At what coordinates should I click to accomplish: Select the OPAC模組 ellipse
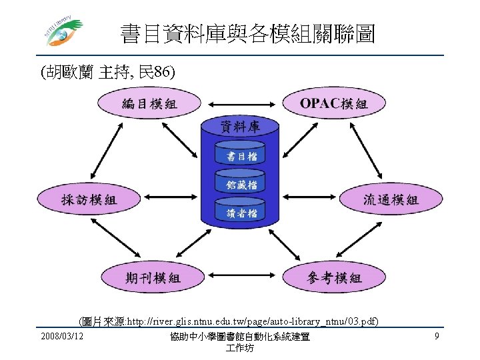[x=333, y=103]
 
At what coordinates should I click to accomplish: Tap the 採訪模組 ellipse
[x=89, y=199]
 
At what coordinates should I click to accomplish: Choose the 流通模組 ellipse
[x=391, y=199]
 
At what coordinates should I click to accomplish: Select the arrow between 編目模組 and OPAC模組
[x=241, y=103]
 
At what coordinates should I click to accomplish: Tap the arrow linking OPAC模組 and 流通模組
[x=368, y=151]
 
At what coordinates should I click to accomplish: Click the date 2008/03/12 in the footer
[x=61, y=337]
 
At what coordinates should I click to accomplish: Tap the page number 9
[x=436, y=337]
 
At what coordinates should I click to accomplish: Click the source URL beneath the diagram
[x=229, y=322]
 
